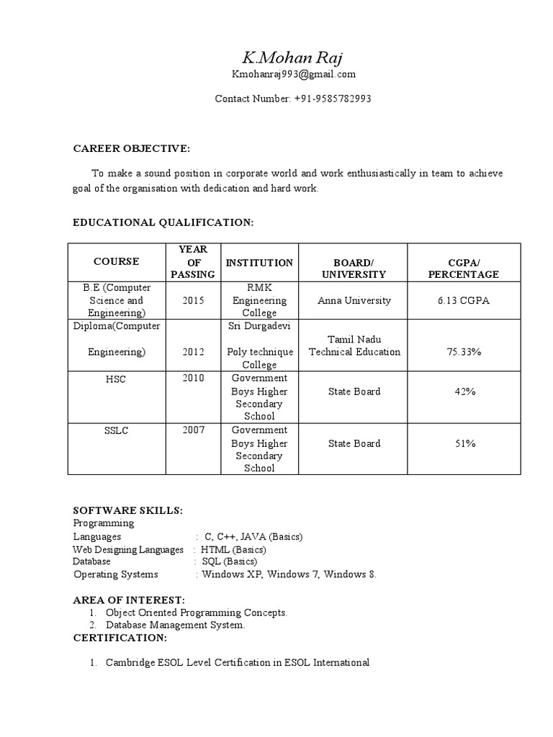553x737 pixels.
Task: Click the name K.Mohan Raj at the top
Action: pos(293,58)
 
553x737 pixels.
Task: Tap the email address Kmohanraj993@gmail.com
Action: pos(293,74)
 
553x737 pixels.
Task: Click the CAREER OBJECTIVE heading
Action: pos(132,148)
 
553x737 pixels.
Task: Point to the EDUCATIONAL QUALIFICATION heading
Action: pos(163,223)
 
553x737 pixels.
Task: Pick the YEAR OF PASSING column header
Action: pos(192,262)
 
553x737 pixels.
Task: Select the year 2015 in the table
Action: pos(193,300)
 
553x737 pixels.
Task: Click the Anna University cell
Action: pos(354,300)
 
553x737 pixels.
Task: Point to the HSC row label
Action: pos(115,379)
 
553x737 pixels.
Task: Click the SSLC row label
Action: pos(115,430)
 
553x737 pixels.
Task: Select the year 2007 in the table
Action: pos(193,430)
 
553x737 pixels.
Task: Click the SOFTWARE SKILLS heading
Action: pos(128,510)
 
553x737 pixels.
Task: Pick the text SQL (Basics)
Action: pos(229,561)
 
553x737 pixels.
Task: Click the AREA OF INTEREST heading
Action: pos(129,600)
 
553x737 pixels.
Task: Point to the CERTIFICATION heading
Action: pos(120,638)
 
